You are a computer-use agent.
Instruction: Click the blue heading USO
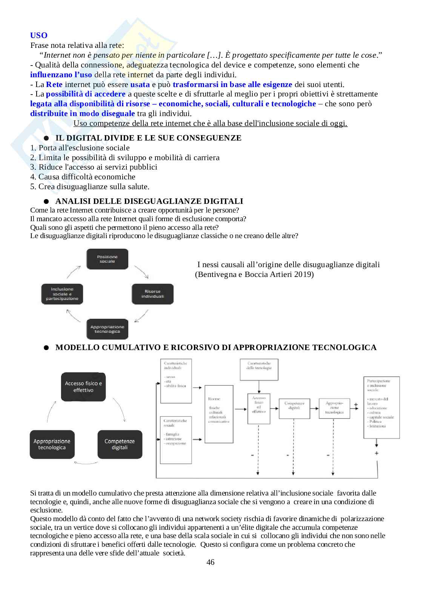[x=39, y=35]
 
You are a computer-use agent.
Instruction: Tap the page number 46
[x=210, y=562]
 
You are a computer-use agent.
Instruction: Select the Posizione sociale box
[x=108, y=259]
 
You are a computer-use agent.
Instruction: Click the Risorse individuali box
[x=152, y=294]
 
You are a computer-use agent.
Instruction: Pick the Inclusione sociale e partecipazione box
[x=62, y=294]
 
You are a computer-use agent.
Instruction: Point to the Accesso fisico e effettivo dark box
[x=83, y=387]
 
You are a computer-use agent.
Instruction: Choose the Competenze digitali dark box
[x=120, y=444]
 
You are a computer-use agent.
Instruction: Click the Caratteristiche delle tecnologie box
[x=259, y=369]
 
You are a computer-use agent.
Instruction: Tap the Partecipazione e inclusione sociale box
[x=381, y=407]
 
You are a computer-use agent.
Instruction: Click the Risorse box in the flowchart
[x=219, y=414]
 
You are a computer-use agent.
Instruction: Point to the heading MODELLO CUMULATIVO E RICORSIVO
[x=216, y=347]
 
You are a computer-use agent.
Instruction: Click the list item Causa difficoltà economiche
[x=87, y=177]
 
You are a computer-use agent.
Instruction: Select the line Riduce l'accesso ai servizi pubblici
[x=98, y=167]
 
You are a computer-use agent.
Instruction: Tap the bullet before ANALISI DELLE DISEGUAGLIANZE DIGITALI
[x=46, y=202]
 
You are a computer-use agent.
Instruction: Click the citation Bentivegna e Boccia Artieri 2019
[x=254, y=274]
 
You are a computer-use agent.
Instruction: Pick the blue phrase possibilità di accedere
[x=86, y=94]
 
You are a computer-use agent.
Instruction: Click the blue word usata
[x=140, y=84]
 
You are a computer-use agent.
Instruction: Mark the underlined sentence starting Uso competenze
[x=210, y=123]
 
